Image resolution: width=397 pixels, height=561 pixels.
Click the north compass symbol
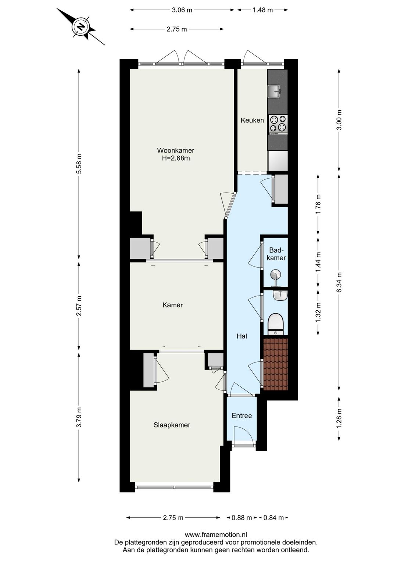[x=81, y=26]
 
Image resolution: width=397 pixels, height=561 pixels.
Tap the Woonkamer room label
[x=175, y=150]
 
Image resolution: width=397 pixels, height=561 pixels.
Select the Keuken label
[x=252, y=120]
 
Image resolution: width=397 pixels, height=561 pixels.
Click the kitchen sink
[x=274, y=92]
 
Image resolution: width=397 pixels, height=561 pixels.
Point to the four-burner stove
[x=278, y=124]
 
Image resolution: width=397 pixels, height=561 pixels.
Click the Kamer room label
[x=172, y=305]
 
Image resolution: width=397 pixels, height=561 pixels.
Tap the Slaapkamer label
[x=172, y=425]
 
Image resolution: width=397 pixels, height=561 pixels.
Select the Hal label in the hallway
[x=242, y=336]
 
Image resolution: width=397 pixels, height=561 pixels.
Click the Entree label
[x=242, y=415]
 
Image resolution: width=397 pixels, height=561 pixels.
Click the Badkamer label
[x=276, y=254]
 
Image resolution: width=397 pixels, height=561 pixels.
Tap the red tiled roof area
[x=275, y=364]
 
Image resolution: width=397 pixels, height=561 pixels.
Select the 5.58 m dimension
[x=79, y=165]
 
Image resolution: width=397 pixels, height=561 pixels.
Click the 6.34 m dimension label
[x=339, y=282]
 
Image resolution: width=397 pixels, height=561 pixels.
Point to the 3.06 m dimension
[x=182, y=10]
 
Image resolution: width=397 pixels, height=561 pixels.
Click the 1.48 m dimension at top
[x=262, y=10]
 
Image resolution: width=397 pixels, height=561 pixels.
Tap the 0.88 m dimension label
[x=242, y=518]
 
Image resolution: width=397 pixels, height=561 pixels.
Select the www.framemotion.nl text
[x=216, y=535]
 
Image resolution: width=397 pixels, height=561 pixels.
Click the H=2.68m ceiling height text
[x=176, y=158]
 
